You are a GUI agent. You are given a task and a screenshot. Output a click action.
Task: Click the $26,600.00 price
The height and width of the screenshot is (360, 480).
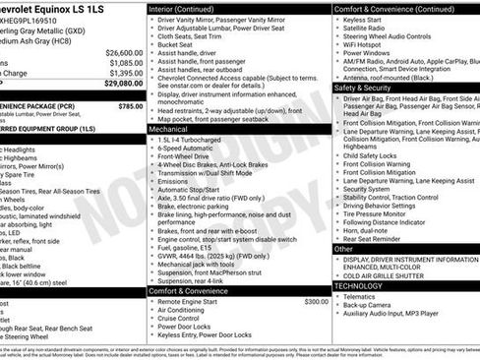click(x=125, y=52)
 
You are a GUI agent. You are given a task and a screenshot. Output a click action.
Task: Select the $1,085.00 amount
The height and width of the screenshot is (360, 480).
click(x=125, y=63)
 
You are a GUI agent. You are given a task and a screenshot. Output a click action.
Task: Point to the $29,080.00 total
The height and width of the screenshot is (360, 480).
click(x=123, y=84)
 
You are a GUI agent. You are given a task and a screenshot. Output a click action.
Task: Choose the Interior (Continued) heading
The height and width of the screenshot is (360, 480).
click(x=190, y=9)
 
